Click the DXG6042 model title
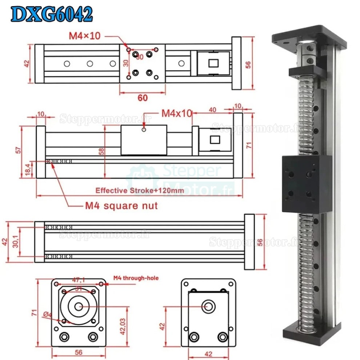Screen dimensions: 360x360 click(x=51, y=15)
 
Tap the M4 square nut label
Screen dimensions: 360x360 click(x=121, y=206)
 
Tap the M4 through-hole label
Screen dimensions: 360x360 click(x=136, y=278)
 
